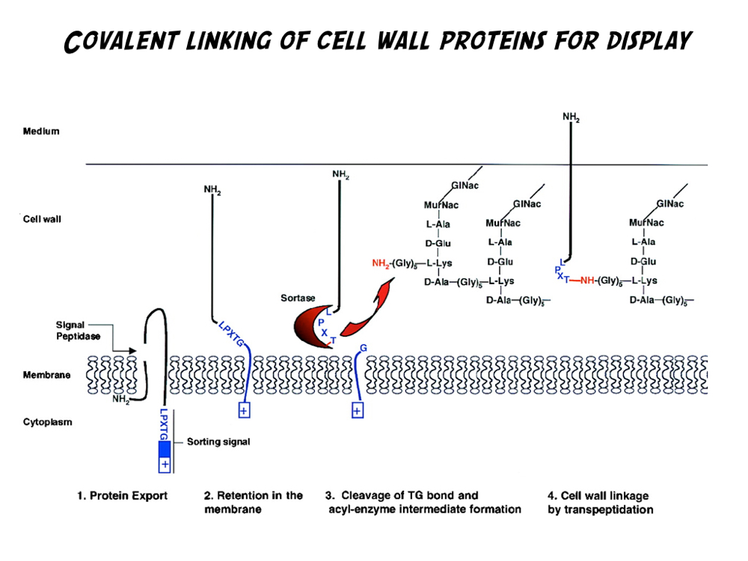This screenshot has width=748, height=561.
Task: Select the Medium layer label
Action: tap(41, 132)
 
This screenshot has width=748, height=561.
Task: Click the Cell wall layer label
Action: tap(42, 219)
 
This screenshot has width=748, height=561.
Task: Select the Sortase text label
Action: tap(298, 298)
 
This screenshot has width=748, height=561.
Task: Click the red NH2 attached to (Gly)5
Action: tap(381, 263)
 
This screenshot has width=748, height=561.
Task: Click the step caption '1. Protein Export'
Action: tap(123, 495)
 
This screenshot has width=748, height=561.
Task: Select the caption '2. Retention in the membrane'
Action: tap(254, 502)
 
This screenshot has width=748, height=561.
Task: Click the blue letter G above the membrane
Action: tap(364, 347)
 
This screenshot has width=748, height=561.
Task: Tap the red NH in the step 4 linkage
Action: tap(587, 281)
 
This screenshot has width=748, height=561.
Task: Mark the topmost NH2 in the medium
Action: tap(571, 117)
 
